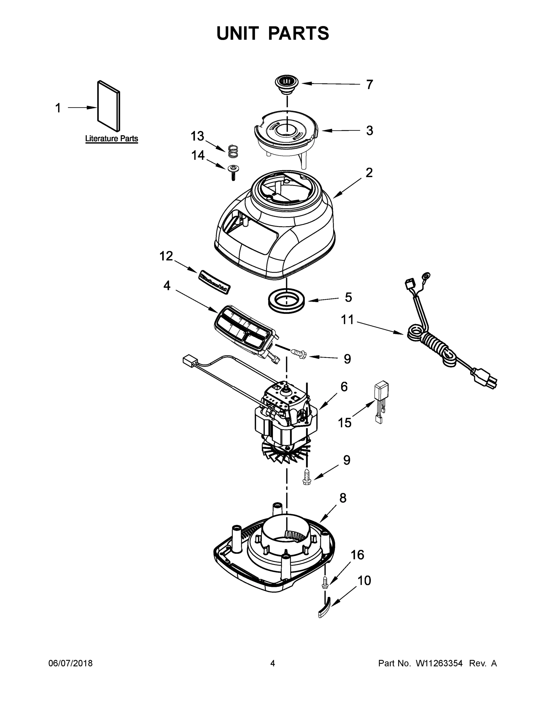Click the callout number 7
click(369, 85)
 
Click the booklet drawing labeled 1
click(109, 105)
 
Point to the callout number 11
click(347, 320)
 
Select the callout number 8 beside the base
click(343, 498)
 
